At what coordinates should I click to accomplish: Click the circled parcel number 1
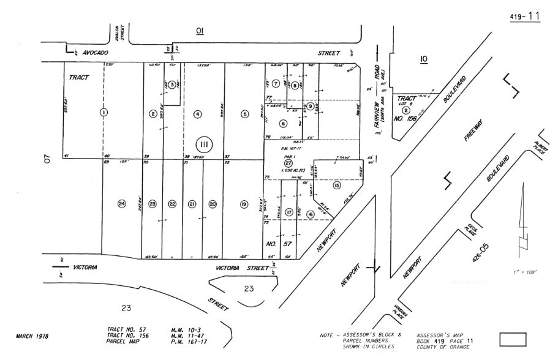(x=104, y=112)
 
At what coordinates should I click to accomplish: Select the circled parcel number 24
(x=122, y=204)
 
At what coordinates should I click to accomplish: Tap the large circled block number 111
(x=204, y=144)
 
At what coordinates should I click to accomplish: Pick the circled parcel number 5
(x=245, y=113)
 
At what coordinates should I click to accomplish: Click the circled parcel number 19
(x=244, y=204)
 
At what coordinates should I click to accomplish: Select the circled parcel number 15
(x=336, y=185)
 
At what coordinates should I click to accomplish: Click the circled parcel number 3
(x=173, y=84)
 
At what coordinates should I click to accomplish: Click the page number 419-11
(x=524, y=16)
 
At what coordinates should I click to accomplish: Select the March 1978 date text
(x=32, y=336)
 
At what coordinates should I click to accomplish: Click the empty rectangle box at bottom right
(x=513, y=339)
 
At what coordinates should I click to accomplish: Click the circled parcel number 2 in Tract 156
(x=405, y=108)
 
